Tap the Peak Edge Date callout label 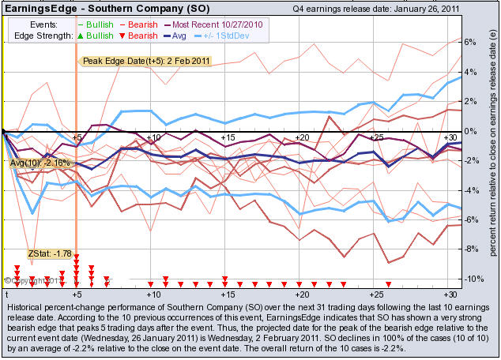135,61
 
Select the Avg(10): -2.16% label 40,163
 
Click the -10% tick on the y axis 469,279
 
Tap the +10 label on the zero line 154,137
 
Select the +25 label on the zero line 378,137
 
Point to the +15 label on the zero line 228,137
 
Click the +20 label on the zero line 303,137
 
